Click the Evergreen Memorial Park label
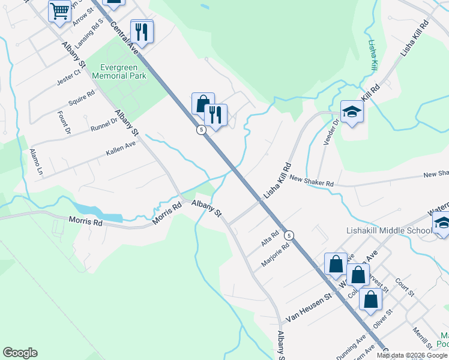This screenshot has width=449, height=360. (119, 72)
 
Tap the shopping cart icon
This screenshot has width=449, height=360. (59, 11)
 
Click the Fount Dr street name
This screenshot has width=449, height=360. (65, 122)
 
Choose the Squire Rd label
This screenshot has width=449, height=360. (82, 98)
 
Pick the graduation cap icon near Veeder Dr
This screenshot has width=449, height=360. (352, 111)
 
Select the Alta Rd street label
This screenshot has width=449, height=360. (270, 238)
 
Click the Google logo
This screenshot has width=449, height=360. (20, 353)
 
